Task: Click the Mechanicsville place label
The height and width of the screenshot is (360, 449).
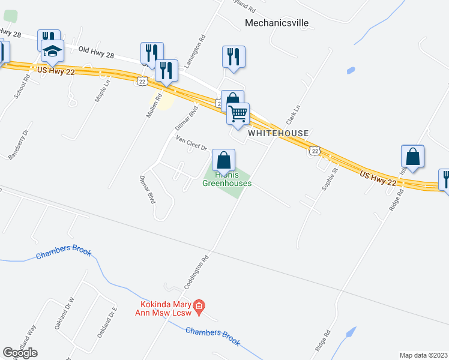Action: click(277, 23)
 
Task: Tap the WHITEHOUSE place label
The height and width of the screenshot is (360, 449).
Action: click(278, 133)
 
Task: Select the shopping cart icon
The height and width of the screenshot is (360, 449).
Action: click(238, 113)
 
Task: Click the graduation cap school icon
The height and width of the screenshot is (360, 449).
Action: click(53, 52)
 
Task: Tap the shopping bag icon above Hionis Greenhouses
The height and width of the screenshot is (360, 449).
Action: click(223, 160)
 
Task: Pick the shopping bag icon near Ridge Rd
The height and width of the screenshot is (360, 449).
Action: click(412, 157)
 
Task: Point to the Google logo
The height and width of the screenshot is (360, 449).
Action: click(20, 353)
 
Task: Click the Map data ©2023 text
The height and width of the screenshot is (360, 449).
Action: click(423, 355)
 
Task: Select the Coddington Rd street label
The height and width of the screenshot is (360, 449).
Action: click(195, 271)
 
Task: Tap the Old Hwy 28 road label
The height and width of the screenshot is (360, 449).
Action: click(96, 53)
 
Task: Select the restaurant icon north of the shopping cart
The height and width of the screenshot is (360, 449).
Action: click(232, 56)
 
